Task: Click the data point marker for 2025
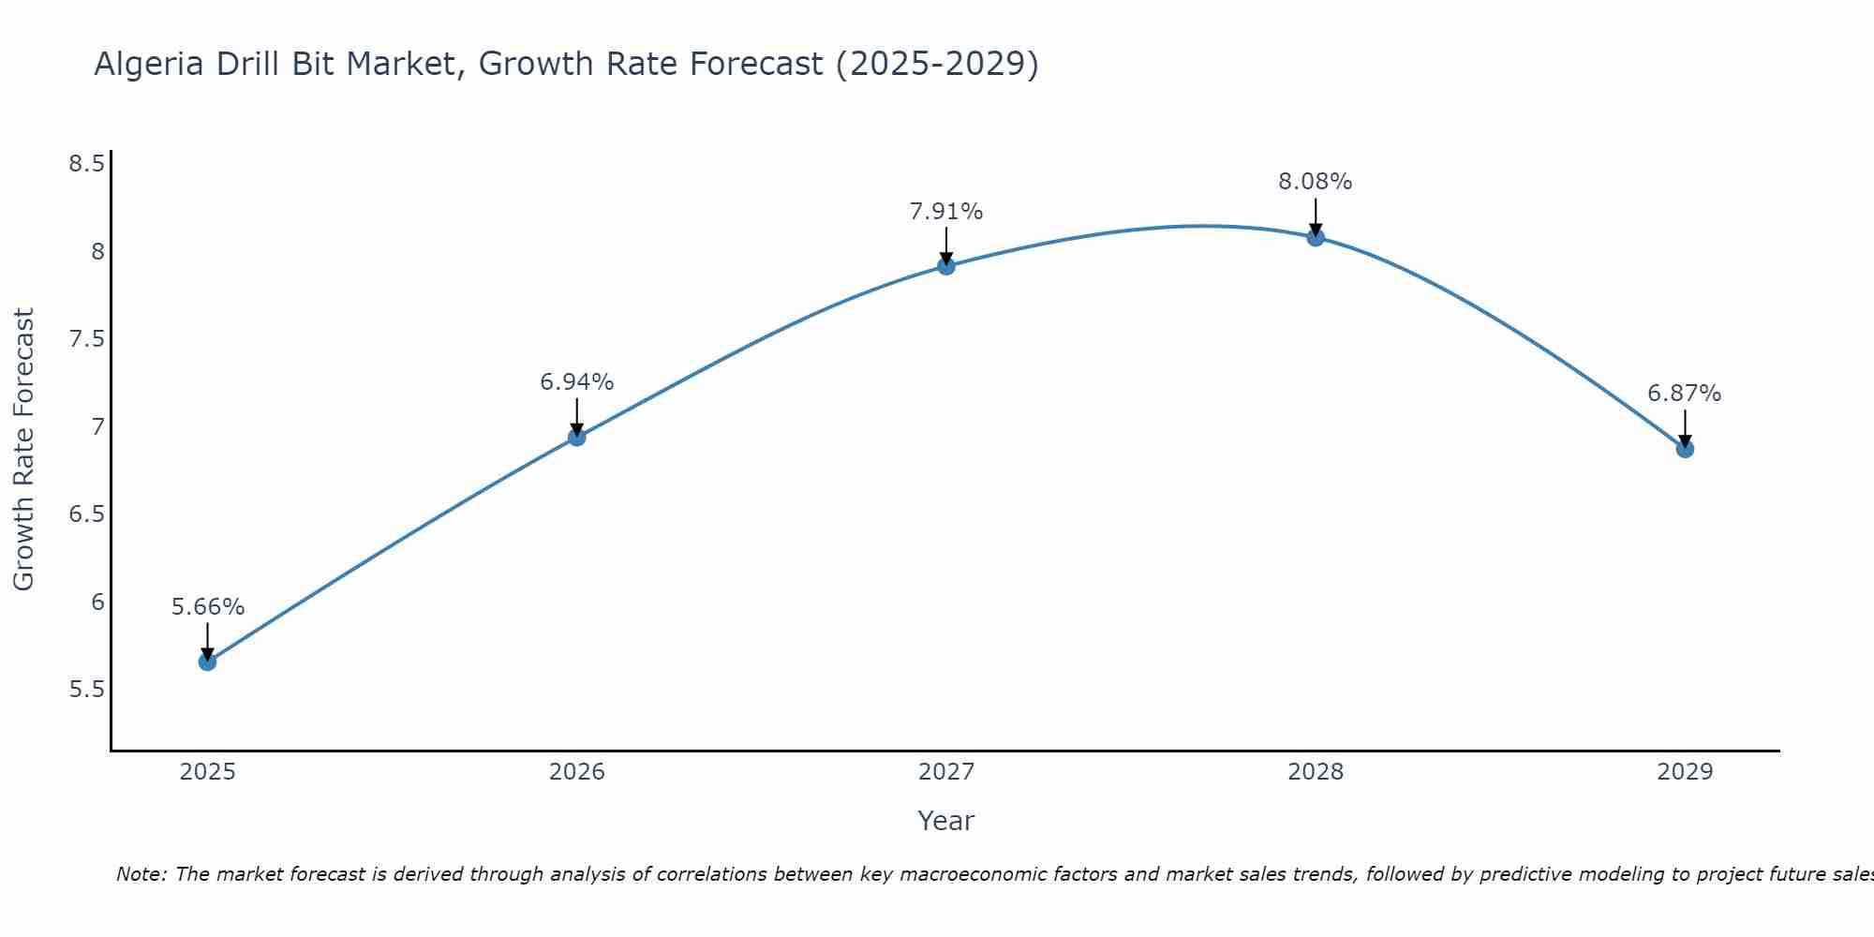(x=207, y=662)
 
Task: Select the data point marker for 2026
(x=576, y=437)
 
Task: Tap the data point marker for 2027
(x=946, y=266)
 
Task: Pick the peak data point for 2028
(x=1316, y=237)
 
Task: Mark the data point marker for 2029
(x=1685, y=449)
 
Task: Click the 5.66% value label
(x=208, y=607)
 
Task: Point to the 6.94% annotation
(x=576, y=382)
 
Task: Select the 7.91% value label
(x=946, y=212)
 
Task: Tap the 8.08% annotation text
(x=1316, y=182)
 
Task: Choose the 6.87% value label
(x=1685, y=394)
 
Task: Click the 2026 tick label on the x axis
(x=576, y=772)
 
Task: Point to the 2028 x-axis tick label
(x=1316, y=772)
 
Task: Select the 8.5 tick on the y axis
(x=86, y=164)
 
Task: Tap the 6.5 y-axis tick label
(x=86, y=514)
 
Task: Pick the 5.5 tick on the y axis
(x=86, y=690)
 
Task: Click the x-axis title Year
(x=946, y=821)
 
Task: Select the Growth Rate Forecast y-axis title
(x=23, y=449)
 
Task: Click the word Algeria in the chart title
(x=149, y=64)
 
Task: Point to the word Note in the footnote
(x=141, y=874)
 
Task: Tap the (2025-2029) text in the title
(x=937, y=64)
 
